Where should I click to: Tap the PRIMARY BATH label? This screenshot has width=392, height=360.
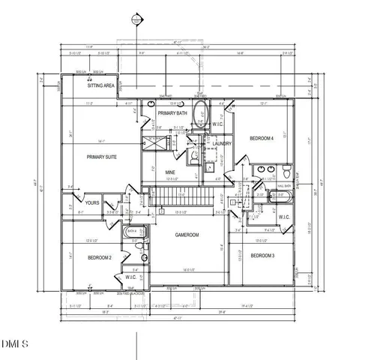pos(172,113)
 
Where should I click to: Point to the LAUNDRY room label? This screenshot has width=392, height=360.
pos(221,142)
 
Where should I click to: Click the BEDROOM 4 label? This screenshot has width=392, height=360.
pos(262,139)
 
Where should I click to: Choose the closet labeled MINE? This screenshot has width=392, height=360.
pos(171,172)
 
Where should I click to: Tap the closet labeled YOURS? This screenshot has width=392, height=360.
pos(92,202)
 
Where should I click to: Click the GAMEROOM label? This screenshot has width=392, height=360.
pos(187,234)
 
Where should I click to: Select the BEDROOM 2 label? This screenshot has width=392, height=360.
pos(99,257)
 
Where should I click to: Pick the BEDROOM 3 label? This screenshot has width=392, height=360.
pos(262,256)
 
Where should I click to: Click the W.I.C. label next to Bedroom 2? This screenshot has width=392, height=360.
pos(130,277)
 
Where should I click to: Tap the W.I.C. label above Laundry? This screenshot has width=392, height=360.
pos(216,124)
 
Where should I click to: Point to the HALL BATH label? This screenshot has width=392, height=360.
pos(284,184)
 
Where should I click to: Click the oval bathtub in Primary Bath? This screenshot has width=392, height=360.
pos(198,116)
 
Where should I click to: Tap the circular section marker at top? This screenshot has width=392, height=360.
pos(136,18)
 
